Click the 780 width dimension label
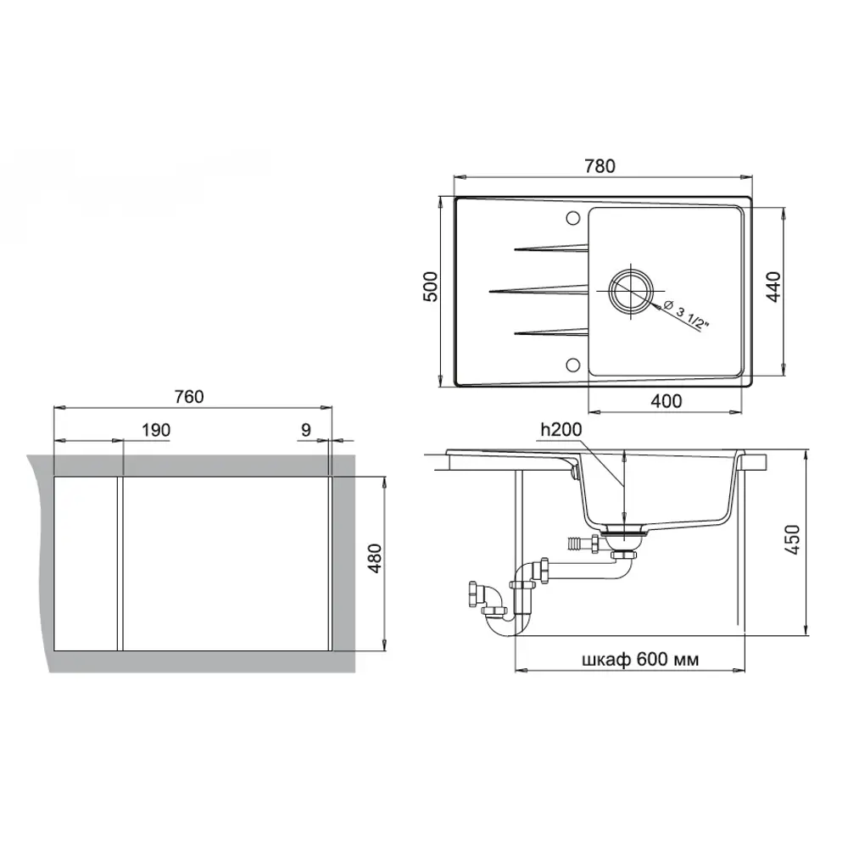[600, 166]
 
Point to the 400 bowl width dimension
[668, 401]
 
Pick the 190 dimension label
[156, 430]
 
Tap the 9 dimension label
[305, 430]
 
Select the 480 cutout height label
[378, 560]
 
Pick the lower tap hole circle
[570, 365]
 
